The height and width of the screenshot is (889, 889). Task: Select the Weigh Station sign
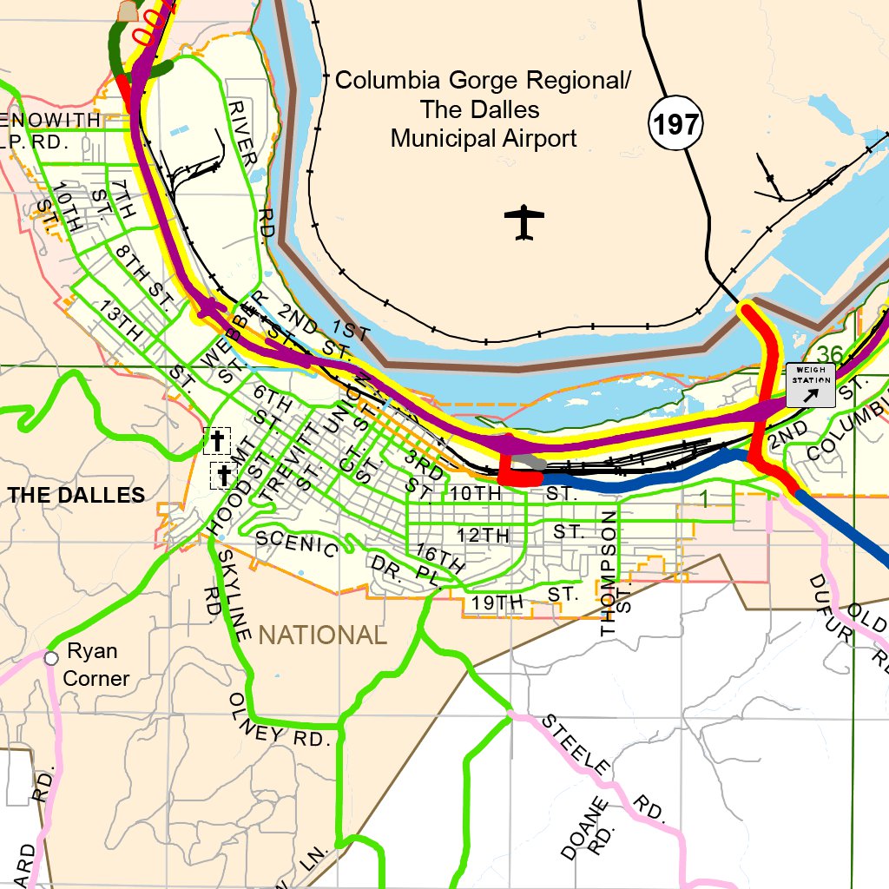click(x=811, y=385)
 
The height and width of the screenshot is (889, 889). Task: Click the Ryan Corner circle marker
click(x=51, y=658)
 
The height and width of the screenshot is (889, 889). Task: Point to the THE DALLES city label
click(x=76, y=495)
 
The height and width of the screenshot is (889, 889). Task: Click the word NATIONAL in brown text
click(x=322, y=635)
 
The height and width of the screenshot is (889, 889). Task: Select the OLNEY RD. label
click(x=280, y=721)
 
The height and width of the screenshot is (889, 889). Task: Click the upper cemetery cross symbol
click(x=216, y=441)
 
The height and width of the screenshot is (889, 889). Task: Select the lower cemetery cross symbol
click(x=224, y=475)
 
